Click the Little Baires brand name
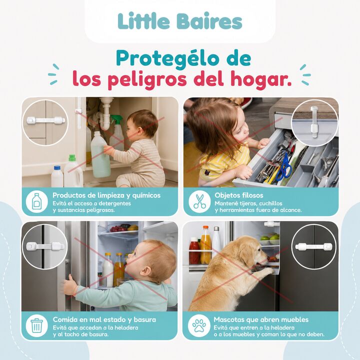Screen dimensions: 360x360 coord(180,21)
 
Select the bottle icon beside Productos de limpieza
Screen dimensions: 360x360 coord(36,202)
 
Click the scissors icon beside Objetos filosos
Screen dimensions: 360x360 coord(199,201)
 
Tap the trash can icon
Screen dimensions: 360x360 coord(36,325)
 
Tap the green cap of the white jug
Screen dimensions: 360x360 coord(72,157)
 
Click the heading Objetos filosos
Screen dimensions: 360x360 coord(239,195)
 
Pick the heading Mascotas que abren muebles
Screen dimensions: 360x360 coord(261,319)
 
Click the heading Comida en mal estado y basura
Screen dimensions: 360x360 coord(104,319)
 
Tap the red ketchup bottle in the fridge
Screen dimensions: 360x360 coord(194,251)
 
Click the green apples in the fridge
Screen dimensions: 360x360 coord(270,239)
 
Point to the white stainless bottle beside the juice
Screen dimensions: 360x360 coord(216,240)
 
